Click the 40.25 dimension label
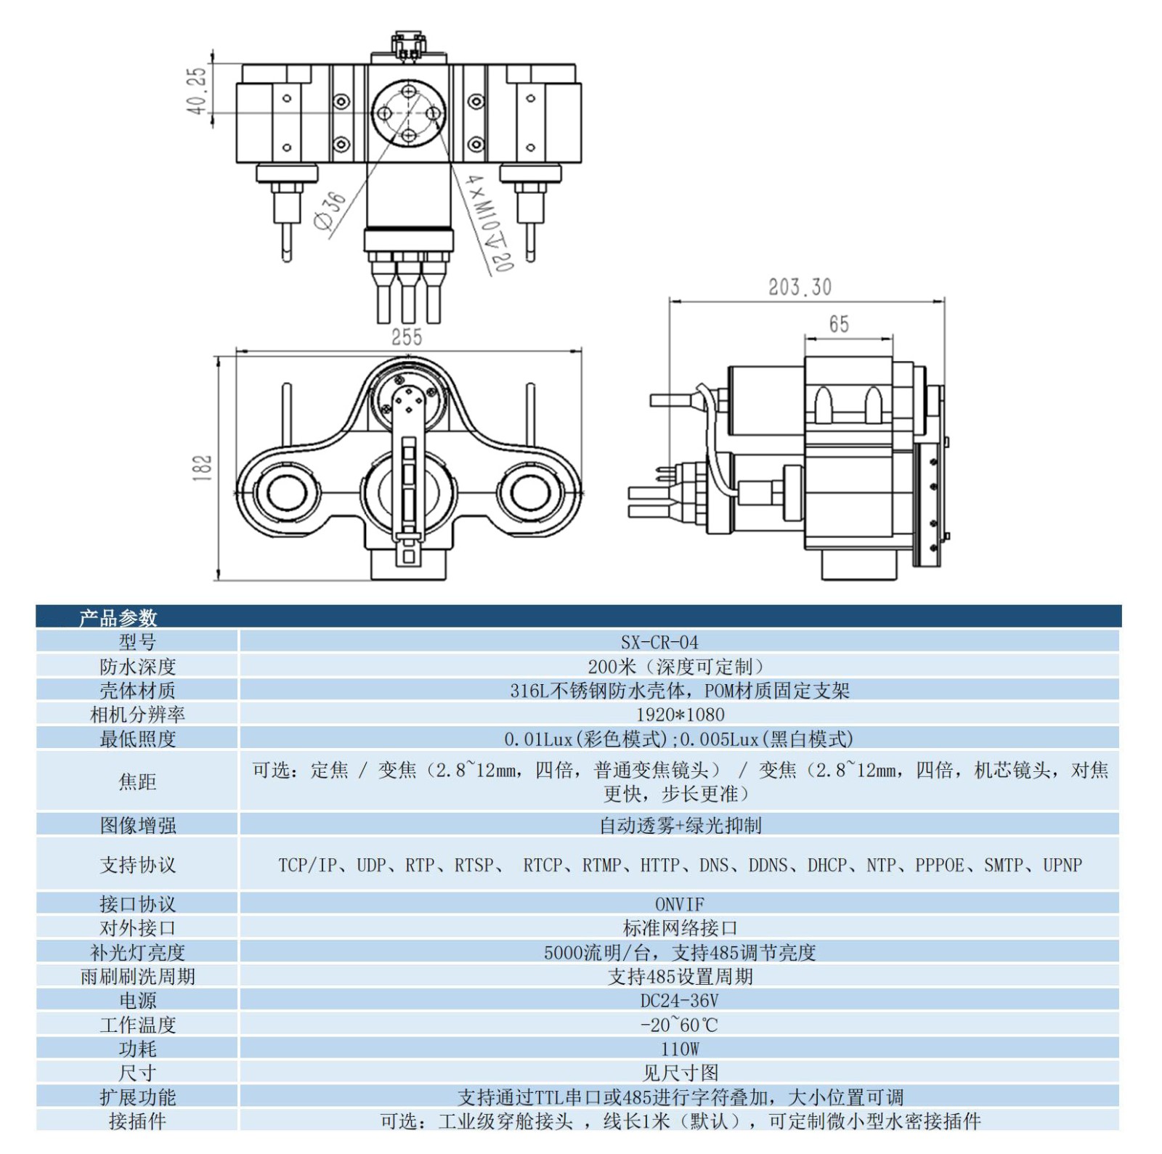pos(196,91)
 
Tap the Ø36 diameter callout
pos(330,211)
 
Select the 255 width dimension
pos(406,337)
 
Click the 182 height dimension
pos(203,468)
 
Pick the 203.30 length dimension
pos(800,288)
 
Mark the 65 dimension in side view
pos(839,324)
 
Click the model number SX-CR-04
pos(659,642)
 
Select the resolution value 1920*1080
pos(680,715)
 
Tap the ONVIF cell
pos(679,904)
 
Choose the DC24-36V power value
pos(679,1001)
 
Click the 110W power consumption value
pos(679,1049)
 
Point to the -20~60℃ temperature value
pos(679,1025)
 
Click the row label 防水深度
pos(137,667)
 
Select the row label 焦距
pos(137,781)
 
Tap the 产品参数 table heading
pos(118,618)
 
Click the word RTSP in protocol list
pos(474,865)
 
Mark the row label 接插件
pos(137,1121)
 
